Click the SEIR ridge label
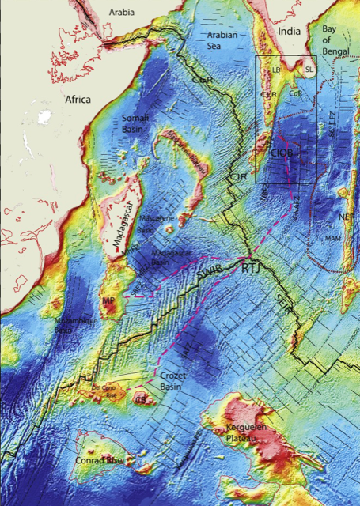(282, 308)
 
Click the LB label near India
(276, 70)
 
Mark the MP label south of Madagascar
(108, 301)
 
